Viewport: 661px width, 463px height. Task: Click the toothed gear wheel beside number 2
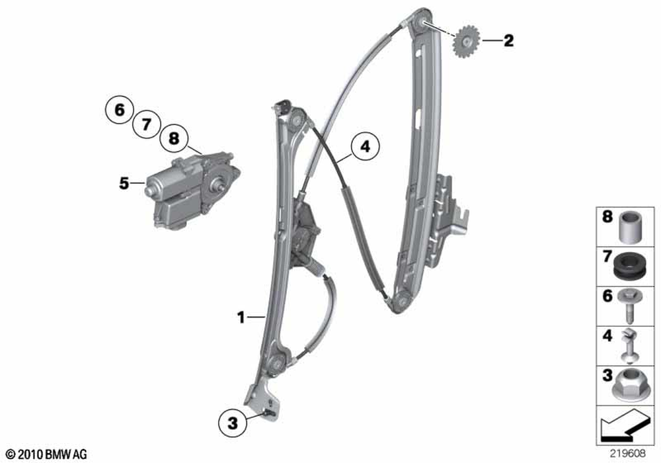point(465,42)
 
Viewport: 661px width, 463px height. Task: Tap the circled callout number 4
point(365,146)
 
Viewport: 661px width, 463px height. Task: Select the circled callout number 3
point(233,423)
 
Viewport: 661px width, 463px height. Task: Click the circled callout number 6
point(119,110)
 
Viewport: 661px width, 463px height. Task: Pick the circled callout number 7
point(146,124)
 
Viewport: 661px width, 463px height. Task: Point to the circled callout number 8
point(174,138)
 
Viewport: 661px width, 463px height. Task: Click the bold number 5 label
point(124,183)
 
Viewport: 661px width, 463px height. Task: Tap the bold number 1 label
point(241,317)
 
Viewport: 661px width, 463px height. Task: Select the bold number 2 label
point(509,40)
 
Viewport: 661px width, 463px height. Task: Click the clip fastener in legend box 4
point(631,346)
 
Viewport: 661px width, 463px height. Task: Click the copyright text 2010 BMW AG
point(46,454)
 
